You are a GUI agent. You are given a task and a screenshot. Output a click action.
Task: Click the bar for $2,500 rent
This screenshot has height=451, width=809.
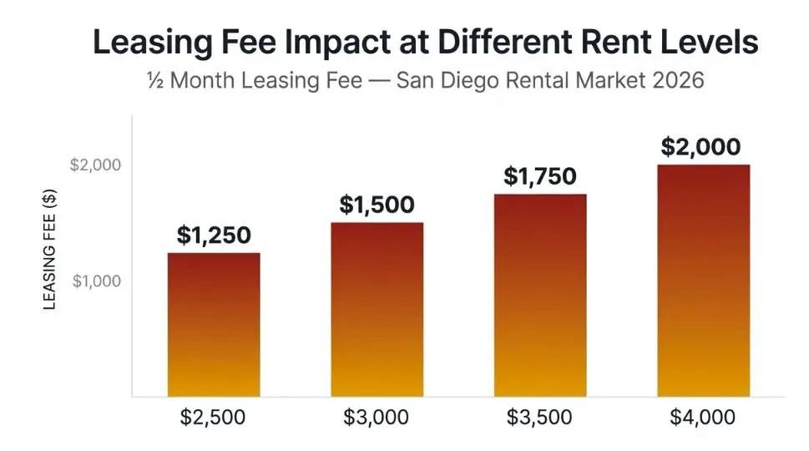[x=214, y=325]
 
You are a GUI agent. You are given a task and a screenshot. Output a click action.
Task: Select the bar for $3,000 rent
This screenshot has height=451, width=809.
[x=377, y=310]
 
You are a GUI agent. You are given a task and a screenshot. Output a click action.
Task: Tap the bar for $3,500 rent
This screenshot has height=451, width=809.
[x=540, y=296]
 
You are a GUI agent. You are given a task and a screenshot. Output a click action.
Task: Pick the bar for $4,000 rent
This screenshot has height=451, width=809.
[x=703, y=281]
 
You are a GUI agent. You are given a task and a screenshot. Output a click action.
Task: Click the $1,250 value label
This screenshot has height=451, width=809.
[x=214, y=236]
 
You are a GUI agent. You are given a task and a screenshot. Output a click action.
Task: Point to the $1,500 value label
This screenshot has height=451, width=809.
[x=377, y=205]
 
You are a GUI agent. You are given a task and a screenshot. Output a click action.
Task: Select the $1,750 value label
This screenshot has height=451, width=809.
[x=540, y=177]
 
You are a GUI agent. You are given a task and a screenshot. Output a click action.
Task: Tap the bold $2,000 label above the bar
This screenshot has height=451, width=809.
[x=701, y=147]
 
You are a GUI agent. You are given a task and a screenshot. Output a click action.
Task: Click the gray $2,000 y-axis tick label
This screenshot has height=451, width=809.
[x=95, y=165]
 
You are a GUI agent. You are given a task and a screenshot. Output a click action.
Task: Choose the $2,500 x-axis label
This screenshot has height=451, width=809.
[x=214, y=417]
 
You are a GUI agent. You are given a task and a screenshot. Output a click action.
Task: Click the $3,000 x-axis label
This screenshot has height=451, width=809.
[x=377, y=417]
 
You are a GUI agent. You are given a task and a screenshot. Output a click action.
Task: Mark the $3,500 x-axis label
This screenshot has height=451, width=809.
[x=540, y=417]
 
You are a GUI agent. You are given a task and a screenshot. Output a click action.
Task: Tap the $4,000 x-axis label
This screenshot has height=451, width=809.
[x=703, y=417]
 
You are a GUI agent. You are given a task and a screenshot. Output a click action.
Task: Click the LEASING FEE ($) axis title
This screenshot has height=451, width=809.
[x=50, y=250]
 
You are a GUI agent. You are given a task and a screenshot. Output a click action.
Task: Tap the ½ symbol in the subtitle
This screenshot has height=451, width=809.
[x=154, y=81]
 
